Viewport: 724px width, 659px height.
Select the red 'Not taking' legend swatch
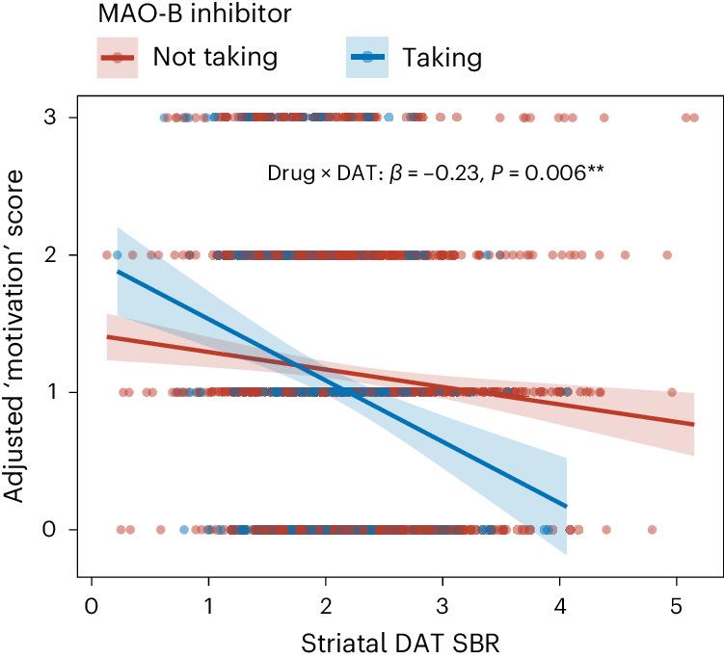tap(118, 58)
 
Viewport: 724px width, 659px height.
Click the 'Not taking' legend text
tap(215, 57)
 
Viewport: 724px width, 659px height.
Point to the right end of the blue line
tap(566, 506)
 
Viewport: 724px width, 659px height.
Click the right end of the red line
tap(693, 424)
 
